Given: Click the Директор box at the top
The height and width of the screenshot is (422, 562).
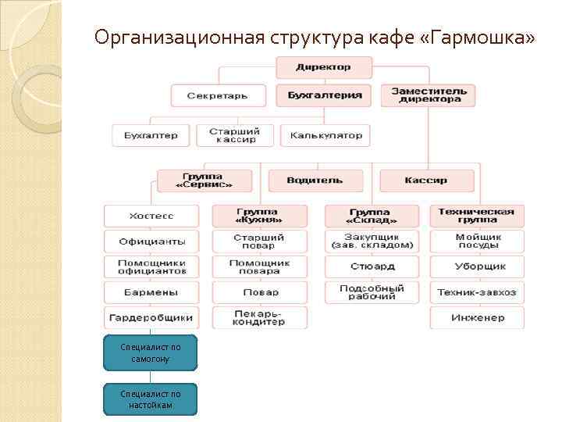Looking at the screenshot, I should (x=323, y=67).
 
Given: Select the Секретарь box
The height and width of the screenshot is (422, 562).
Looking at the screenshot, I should (x=217, y=95).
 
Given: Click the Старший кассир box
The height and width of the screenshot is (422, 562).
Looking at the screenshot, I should (x=235, y=135).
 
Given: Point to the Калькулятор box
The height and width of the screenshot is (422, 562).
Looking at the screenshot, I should (x=325, y=135).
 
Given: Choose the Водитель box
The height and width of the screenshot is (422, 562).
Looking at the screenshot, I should (x=315, y=181).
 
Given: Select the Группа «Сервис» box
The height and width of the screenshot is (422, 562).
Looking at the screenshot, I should (x=205, y=181).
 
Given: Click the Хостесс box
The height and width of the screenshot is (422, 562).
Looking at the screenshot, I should (x=151, y=215).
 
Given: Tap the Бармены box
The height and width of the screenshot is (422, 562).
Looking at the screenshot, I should (x=151, y=292).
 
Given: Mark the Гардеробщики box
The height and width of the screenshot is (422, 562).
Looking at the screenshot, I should (x=151, y=318).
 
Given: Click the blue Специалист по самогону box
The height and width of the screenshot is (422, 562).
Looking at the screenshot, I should (x=151, y=352).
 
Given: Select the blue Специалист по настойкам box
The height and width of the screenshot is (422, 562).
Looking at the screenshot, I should (x=151, y=399).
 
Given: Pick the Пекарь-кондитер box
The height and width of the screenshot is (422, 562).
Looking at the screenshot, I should (x=260, y=318).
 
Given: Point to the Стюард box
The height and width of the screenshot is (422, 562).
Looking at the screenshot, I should (x=372, y=266).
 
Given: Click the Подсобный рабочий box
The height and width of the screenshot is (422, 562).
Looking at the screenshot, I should (x=372, y=292).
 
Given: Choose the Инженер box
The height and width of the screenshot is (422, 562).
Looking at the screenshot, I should (x=477, y=318).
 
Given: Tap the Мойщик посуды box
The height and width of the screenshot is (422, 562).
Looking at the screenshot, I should (x=477, y=241).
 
